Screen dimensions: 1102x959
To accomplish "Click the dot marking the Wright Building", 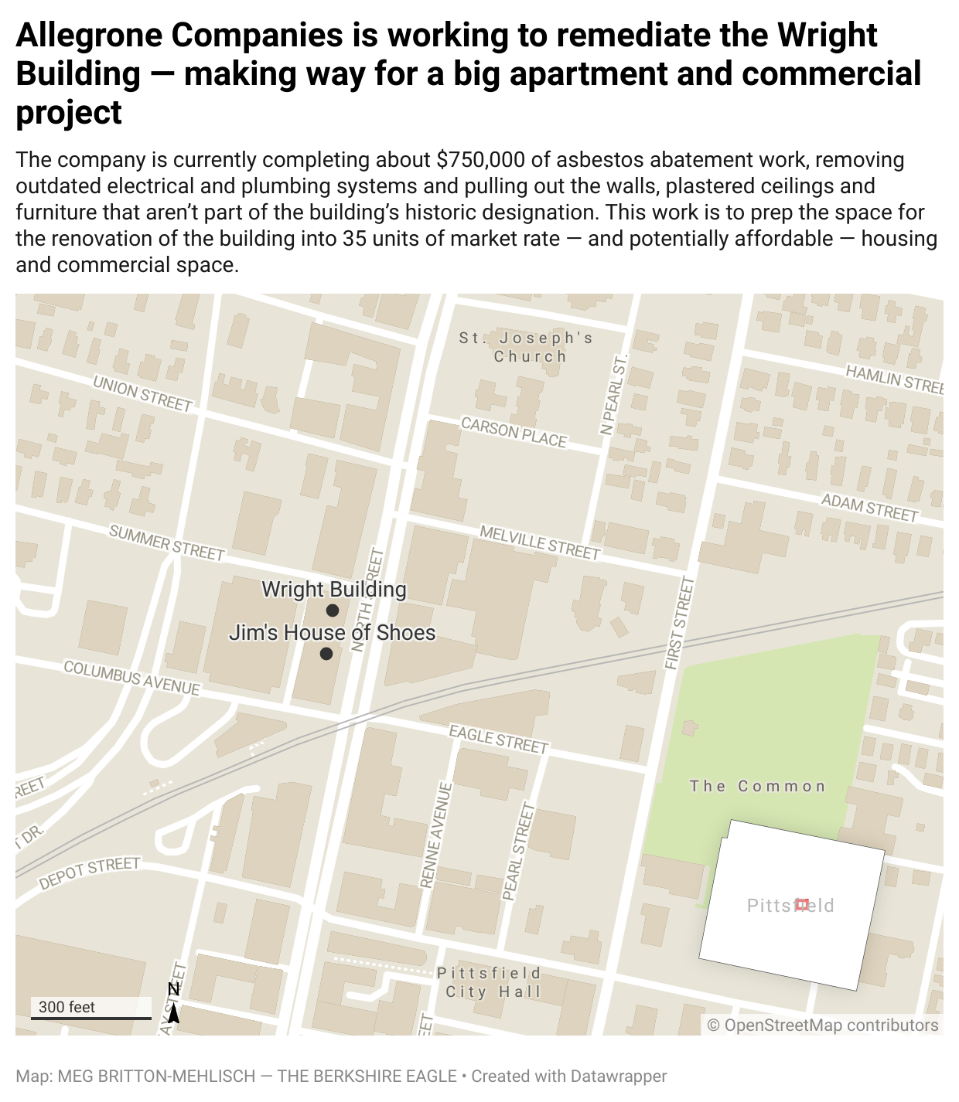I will point(333,611).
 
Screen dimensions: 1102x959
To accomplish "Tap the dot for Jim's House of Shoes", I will point(326,654).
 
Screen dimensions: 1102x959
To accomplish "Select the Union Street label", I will point(142,393).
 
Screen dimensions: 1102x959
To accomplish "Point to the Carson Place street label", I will point(514,433).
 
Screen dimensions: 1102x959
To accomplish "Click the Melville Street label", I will point(539,542).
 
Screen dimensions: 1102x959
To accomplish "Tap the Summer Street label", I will point(166,542).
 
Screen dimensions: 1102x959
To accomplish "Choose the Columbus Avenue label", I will point(131,678).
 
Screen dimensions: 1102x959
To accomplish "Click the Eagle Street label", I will point(498,739).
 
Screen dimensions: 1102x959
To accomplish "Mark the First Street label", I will point(680,622).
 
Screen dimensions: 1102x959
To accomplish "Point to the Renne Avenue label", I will point(435,835).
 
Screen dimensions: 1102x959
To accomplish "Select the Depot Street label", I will point(90,872).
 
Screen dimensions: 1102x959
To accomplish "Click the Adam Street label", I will point(869,508).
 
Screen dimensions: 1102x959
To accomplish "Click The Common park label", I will point(758,787).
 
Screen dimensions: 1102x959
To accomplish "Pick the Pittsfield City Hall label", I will point(489,982).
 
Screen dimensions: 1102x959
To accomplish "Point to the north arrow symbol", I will point(174,1004).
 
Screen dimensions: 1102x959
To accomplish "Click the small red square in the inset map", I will point(802,904).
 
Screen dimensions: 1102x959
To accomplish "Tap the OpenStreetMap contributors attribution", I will point(823,1025).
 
